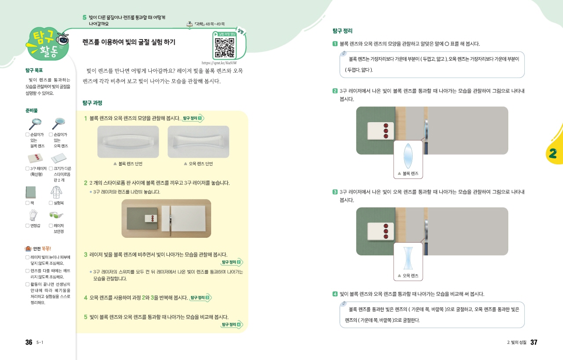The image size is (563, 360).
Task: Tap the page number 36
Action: point(29,342)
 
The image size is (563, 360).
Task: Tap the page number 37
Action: point(534,342)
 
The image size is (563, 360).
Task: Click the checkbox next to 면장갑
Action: point(27,225)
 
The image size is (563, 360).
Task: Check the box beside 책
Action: point(27,203)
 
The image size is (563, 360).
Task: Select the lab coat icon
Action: point(56,193)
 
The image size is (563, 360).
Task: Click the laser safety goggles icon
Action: point(56,215)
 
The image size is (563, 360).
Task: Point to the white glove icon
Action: point(33,215)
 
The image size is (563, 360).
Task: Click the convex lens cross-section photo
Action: point(128,142)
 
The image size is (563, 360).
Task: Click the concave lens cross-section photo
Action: point(198,142)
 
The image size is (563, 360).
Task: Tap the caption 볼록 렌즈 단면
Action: point(131,164)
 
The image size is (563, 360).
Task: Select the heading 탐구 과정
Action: point(92,103)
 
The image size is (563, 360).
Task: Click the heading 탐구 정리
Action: point(342,31)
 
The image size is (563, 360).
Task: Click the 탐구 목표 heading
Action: point(34,70)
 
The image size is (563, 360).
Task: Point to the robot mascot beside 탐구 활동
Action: point(62,40)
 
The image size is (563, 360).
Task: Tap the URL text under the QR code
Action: point(219,63)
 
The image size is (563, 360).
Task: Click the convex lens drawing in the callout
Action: point(408,156)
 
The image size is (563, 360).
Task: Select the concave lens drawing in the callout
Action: point(408,258)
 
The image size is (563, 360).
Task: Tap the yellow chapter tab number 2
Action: point(553,153)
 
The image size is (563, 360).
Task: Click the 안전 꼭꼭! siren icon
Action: point(28,249)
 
